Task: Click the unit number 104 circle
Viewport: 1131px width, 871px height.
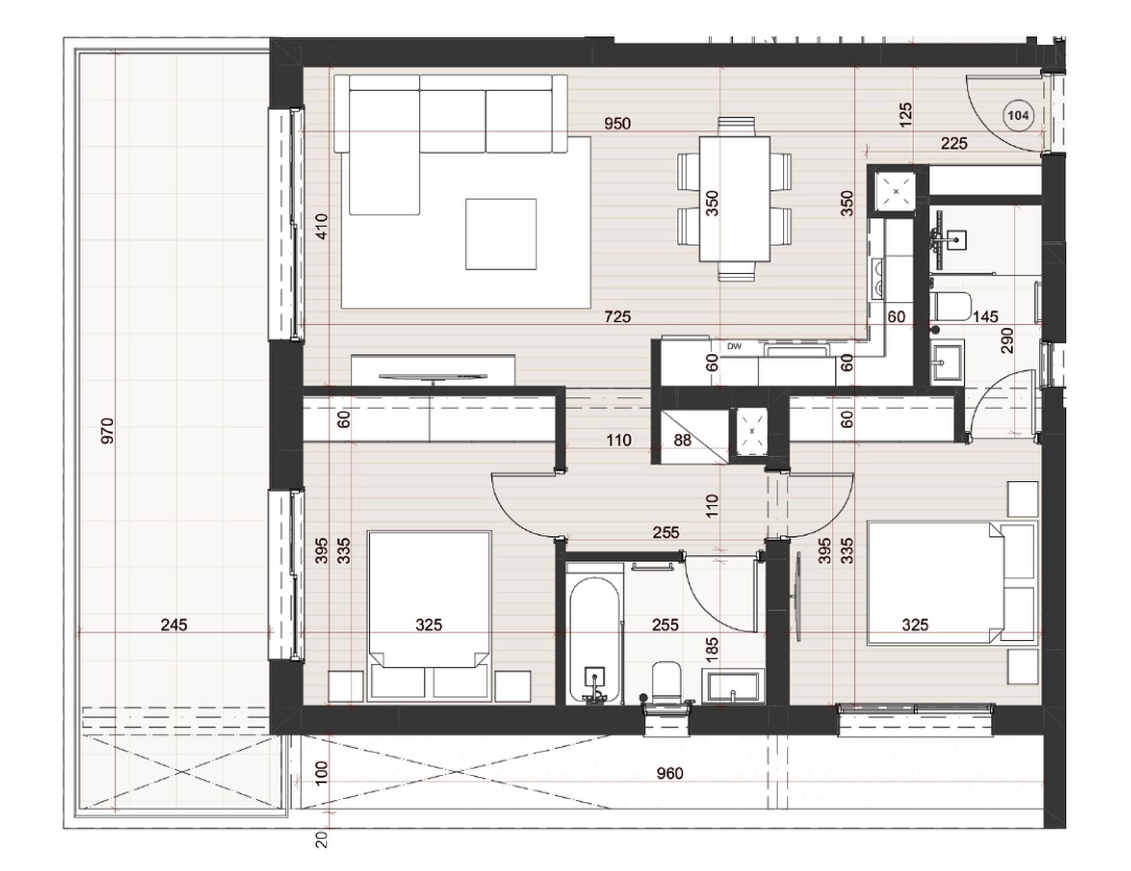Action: click(1018, 116)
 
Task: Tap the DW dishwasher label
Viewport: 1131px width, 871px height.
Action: click(734, 347)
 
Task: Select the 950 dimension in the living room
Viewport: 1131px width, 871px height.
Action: click(617, 124)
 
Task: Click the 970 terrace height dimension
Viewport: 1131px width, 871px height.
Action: click(107, 431)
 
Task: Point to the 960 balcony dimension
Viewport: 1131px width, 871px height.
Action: click(670, 773)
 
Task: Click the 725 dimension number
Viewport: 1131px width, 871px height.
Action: click(617, 317)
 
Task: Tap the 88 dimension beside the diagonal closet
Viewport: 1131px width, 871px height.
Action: click(682, 440)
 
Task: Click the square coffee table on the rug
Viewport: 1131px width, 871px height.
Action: click(501, 234)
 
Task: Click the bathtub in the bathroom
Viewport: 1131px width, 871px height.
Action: click(595, 640)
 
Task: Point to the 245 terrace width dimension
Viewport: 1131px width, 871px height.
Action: click(174, 625)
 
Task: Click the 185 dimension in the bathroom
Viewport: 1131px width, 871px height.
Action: click(712, 649)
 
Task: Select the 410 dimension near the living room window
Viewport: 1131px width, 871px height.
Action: click(321, 226)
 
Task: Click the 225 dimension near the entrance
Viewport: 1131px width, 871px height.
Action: click(954, 144)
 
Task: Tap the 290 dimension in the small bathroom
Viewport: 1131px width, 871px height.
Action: click(1007, 341)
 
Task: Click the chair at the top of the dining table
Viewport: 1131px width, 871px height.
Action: click(736, 127)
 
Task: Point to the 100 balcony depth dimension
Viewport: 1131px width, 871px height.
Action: click(321, 774)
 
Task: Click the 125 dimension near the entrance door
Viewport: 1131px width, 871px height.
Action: click(906, 114)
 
